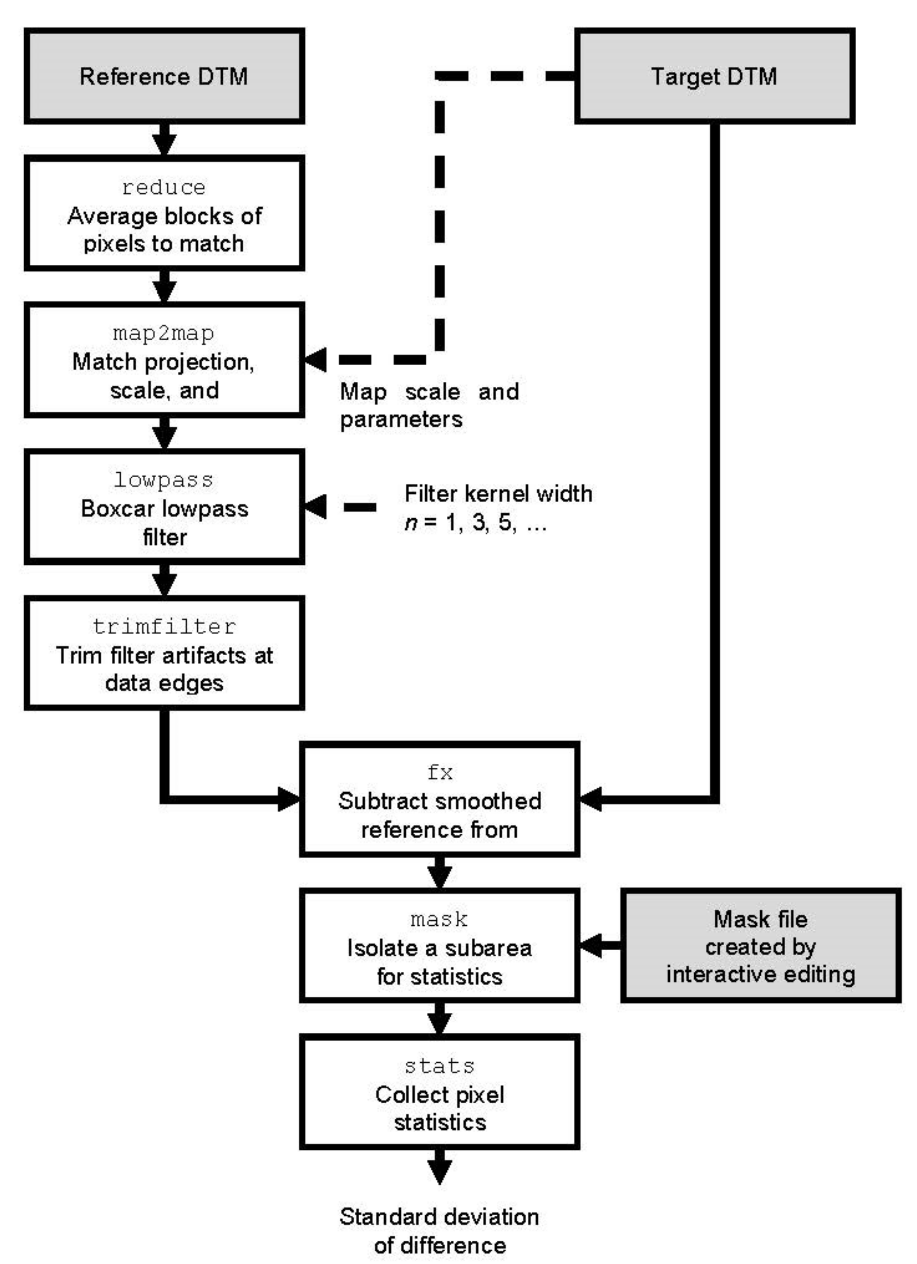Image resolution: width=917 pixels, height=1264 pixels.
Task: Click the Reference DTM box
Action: (x=164, y=76)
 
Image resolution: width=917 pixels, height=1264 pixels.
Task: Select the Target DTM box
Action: (x=714, y=76)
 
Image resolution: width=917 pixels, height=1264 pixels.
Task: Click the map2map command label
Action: (x=164, y=333)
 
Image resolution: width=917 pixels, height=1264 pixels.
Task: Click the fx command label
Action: (x=439, y=773)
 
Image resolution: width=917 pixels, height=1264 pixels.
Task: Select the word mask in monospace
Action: (x=439, y=919)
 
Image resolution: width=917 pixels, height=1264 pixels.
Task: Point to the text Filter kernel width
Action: (x=498, y=494)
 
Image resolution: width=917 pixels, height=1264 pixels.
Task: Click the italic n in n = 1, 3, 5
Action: (x=411, y=523)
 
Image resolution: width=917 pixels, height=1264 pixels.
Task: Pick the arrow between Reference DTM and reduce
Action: (x=164, y=139)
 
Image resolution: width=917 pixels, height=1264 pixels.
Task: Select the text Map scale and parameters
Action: (x=429, y=405)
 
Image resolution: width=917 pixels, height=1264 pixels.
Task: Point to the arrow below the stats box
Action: (x=439, y=1166)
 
